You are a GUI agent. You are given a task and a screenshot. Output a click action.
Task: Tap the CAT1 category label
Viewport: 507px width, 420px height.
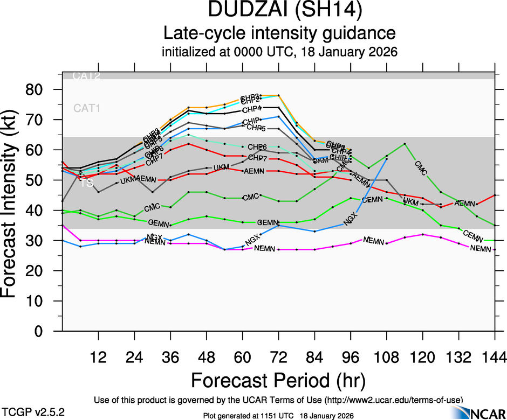coord(87,108)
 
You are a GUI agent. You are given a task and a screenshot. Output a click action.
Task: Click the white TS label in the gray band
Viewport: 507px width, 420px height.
coord(86,184)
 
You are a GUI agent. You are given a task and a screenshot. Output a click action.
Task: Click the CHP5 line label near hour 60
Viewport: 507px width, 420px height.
coord(256,128)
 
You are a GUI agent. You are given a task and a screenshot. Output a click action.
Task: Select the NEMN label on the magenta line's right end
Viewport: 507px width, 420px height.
coord(481,248)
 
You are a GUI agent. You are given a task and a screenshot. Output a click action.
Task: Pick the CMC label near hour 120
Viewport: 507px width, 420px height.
coord(421,167)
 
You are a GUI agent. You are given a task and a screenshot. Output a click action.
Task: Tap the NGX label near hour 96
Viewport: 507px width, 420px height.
coord(351,220)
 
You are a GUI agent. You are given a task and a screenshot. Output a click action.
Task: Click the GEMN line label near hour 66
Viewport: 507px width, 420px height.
coord(267,222)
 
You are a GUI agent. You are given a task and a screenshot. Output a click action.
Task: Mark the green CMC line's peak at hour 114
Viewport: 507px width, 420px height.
coord(405,143)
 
